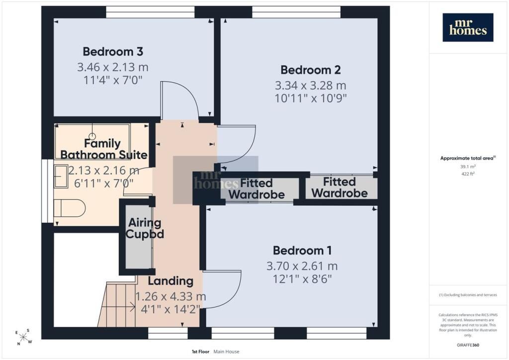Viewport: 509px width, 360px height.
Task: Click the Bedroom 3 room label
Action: tap(113, 52)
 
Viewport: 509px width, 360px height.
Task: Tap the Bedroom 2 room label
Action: tap(311, 70)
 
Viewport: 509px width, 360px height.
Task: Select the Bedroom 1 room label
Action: tap(302, 251)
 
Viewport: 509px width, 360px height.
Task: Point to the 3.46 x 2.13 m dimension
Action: tap(113, 67)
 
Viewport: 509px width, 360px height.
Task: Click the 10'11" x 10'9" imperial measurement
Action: tap(311, 98)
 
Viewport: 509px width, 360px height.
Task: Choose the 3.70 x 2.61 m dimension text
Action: tap(302, 266)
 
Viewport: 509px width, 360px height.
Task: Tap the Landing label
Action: tap(171, 281)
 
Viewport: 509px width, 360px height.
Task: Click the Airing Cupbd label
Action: tap(145, 228)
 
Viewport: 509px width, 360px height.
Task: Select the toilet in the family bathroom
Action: tap(70, 208)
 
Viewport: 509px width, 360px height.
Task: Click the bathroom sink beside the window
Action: tap(61, 176)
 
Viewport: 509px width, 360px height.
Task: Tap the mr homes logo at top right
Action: tap(468, 27)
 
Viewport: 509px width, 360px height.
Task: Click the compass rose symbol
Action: tap(23, 337)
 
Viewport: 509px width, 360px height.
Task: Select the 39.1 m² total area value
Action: tap(468, 167)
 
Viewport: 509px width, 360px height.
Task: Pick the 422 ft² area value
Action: tap(468, 174)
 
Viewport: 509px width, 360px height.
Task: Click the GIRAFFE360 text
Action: tap(468, 345)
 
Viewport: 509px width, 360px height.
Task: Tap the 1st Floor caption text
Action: tap(200, 352)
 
